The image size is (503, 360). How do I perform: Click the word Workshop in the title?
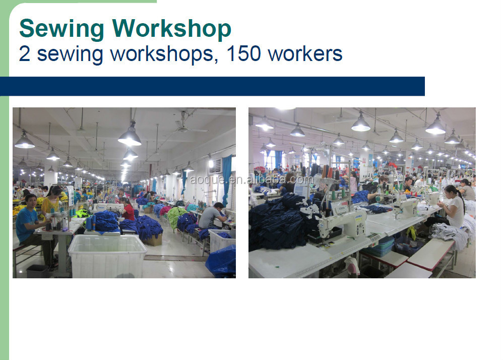click(172, 29)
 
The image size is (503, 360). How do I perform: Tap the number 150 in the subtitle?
click(243, 53)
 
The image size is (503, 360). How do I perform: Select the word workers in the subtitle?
click(305, 54)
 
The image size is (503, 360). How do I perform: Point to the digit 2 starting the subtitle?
click(25, 53)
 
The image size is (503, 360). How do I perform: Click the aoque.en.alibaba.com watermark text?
click(251, 179)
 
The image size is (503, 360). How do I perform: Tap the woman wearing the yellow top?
click(51, 202)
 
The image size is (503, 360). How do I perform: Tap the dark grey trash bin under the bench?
click(37, 271)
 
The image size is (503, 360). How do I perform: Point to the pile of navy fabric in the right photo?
click(279, 221)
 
